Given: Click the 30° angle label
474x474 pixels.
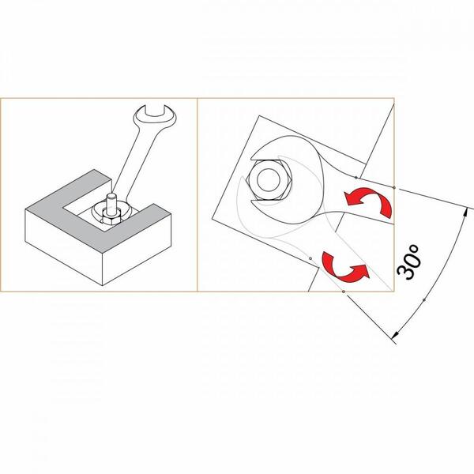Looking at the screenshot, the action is (408, 261).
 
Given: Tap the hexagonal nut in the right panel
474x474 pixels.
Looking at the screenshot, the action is (269, 179).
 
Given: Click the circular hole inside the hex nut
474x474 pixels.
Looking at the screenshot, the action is (268, 180).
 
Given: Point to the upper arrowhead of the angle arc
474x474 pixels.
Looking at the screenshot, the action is (466, 213).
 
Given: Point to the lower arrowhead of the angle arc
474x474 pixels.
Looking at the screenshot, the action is (395, 334).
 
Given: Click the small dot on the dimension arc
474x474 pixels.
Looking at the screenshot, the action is (423, 300).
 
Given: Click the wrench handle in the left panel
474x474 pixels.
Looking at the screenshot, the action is (136, 164).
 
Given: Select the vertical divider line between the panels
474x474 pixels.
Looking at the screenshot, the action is (197, 195).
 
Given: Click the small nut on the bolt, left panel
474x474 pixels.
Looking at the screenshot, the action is (110, 219).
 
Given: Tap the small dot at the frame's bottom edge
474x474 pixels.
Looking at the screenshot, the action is (344, 292).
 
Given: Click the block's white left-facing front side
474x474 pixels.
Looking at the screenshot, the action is (64, 247).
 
